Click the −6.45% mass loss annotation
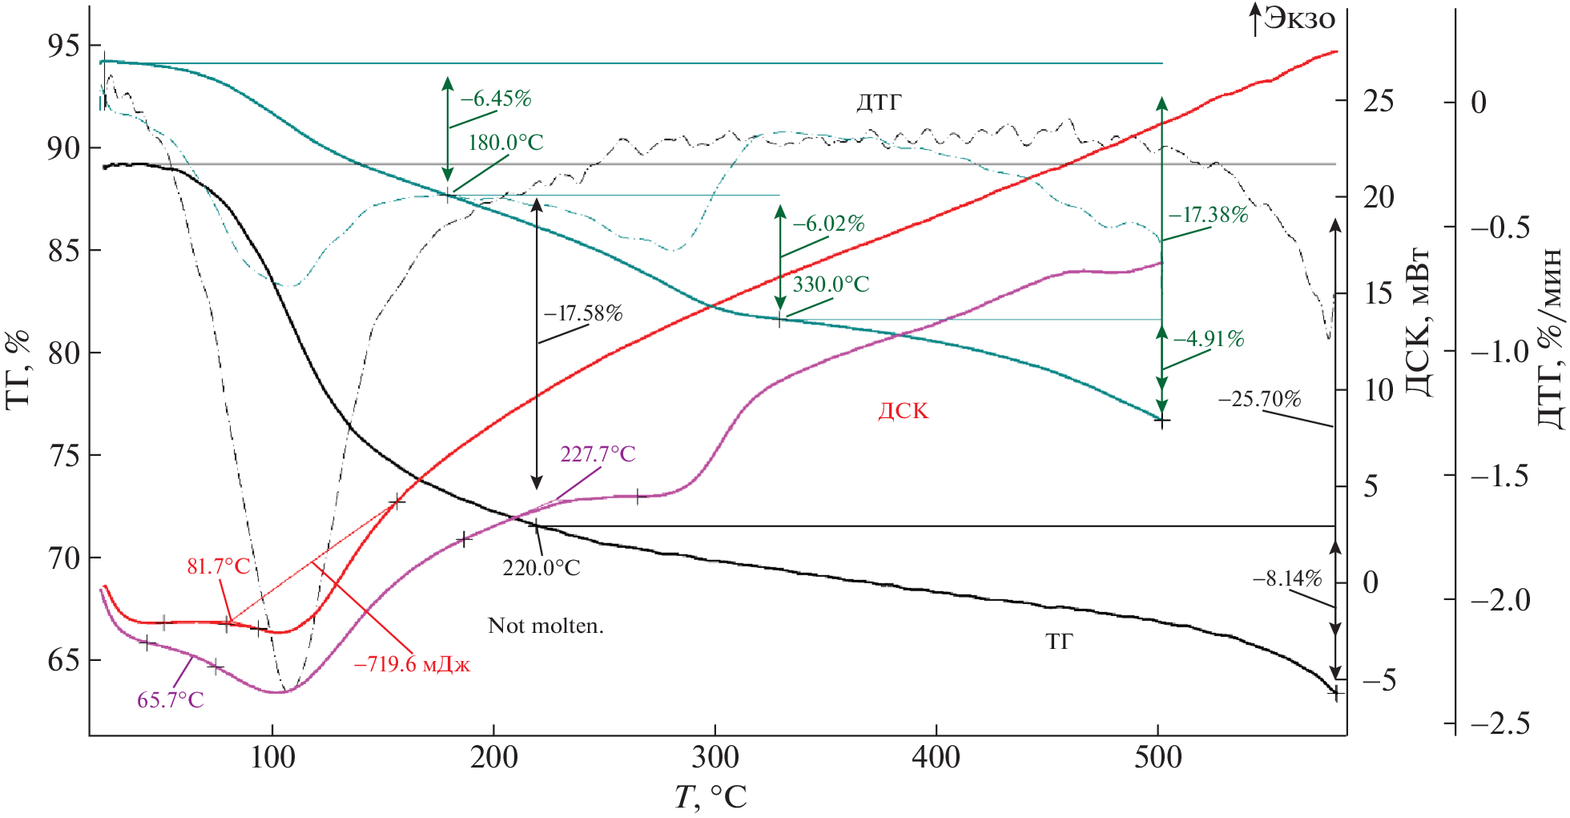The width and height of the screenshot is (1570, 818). (495, 99)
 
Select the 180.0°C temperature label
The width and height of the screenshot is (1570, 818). (505, 143)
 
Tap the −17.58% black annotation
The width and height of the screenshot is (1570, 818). (583, 313)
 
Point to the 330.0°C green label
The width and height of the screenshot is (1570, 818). (831, 284)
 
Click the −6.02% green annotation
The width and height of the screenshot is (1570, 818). (828, 224)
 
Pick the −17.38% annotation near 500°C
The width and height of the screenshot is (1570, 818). (1208, 215)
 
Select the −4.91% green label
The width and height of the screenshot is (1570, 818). (1208, 339)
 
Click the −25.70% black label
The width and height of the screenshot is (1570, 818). (1259, 399)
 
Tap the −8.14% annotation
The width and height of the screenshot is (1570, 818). (1286, 578)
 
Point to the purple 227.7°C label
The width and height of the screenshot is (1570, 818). (598, 454)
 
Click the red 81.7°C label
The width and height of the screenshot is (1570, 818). (219, 567)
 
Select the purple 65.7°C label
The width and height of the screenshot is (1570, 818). (171, 700)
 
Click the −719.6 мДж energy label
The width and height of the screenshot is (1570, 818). (412, 664)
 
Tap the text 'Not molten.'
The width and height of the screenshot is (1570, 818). (545, 626)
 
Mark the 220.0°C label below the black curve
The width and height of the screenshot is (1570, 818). (541, 568)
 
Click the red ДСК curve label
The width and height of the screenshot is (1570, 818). (903, 411)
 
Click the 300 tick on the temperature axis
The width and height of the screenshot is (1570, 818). (715, 757)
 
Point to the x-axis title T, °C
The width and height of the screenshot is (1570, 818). (710, 797)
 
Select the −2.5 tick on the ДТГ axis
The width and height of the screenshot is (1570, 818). (1500, 724)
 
